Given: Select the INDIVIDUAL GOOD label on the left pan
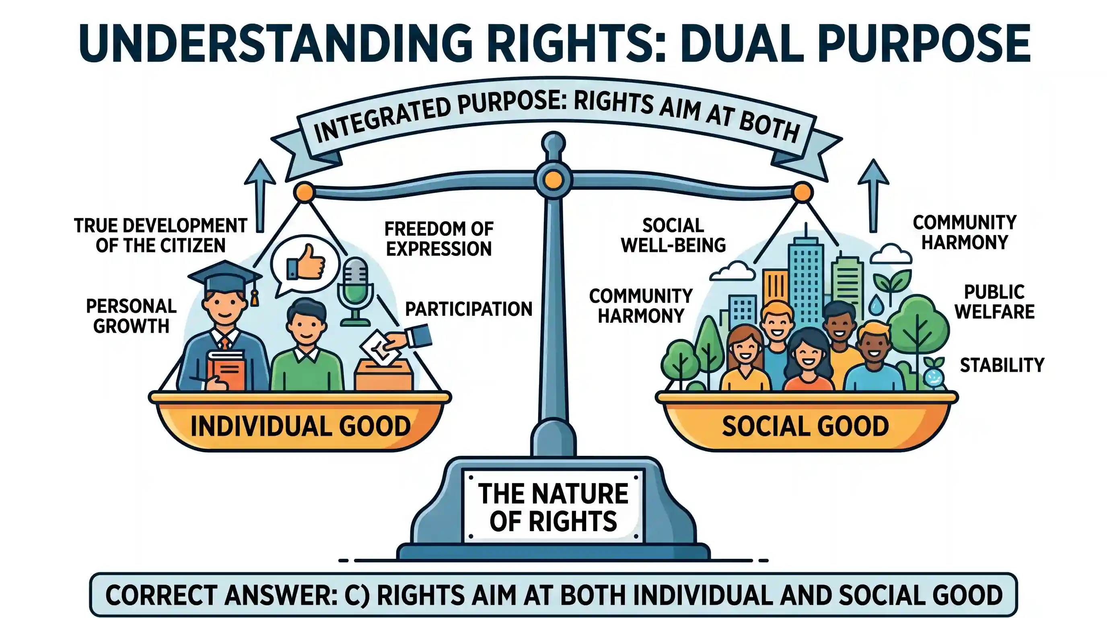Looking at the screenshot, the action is click(300, 426).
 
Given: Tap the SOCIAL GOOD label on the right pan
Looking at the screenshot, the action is click(805, 426).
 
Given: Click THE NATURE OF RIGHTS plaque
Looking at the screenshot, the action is click(553, 507).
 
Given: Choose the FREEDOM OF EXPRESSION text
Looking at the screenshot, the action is click(439, 239).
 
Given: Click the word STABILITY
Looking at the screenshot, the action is click(1002, 365).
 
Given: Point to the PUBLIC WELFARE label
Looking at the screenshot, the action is click(995, 302).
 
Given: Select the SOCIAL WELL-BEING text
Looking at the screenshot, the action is click(673, 235).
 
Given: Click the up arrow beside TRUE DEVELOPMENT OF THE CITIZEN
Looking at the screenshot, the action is click(260, 196).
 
